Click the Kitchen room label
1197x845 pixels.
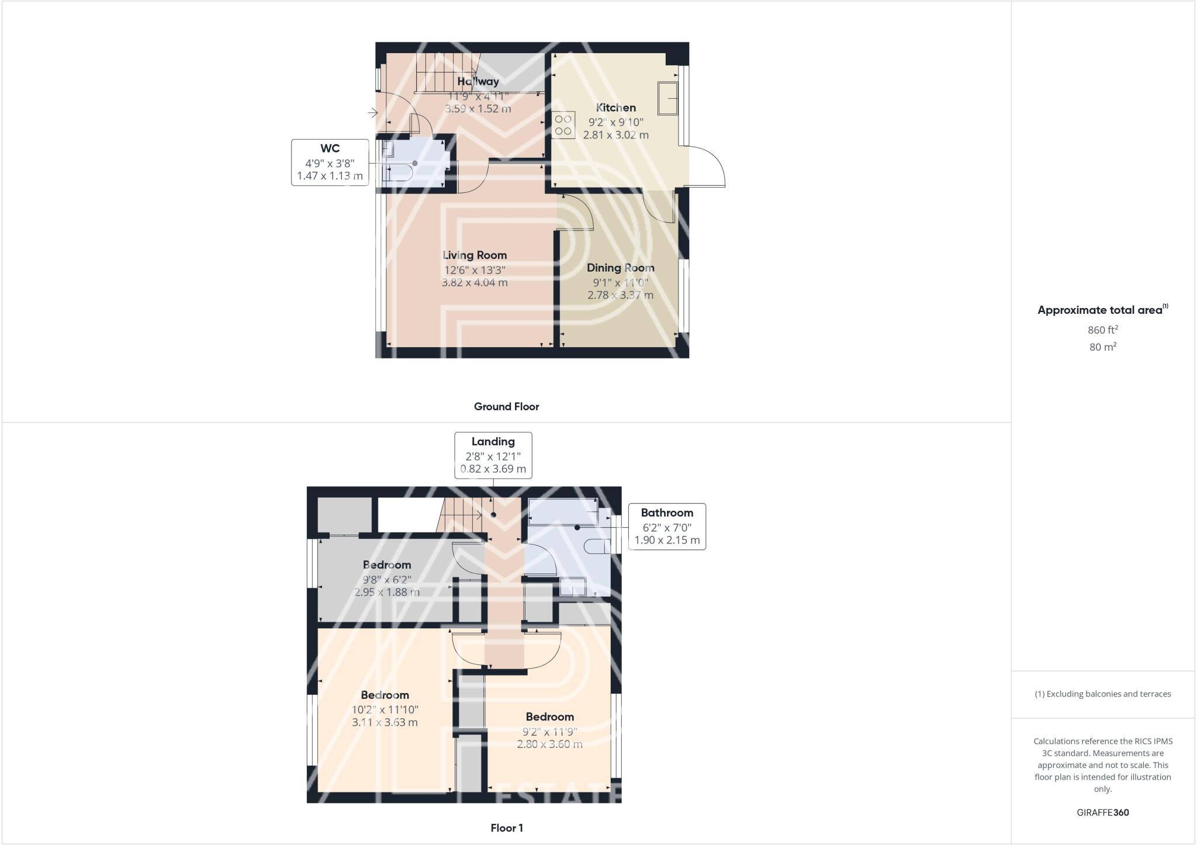(615, 108)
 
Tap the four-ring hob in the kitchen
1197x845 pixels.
(563, 125)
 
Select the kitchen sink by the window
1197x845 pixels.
(667, 98)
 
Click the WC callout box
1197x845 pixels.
(330, 162)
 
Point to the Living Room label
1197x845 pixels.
(474, 255)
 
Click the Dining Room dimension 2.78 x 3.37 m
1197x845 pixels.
(620, 295)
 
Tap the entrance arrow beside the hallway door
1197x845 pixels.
(372, 112)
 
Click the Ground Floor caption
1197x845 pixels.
(506, 407)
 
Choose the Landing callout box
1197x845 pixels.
(493, 455)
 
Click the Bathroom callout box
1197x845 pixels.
(666, 527)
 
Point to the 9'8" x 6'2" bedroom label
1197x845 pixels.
(387, 579)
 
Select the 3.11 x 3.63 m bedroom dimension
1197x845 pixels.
(385, 722)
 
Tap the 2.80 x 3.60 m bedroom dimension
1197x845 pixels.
(549, 744)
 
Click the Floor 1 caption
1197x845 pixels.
(506, 828)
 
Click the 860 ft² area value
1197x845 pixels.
(1102, 330)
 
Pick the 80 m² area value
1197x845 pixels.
(1102, 347)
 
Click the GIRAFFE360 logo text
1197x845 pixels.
(1102, 812)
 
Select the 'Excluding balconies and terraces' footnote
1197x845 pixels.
(1102, 694)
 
